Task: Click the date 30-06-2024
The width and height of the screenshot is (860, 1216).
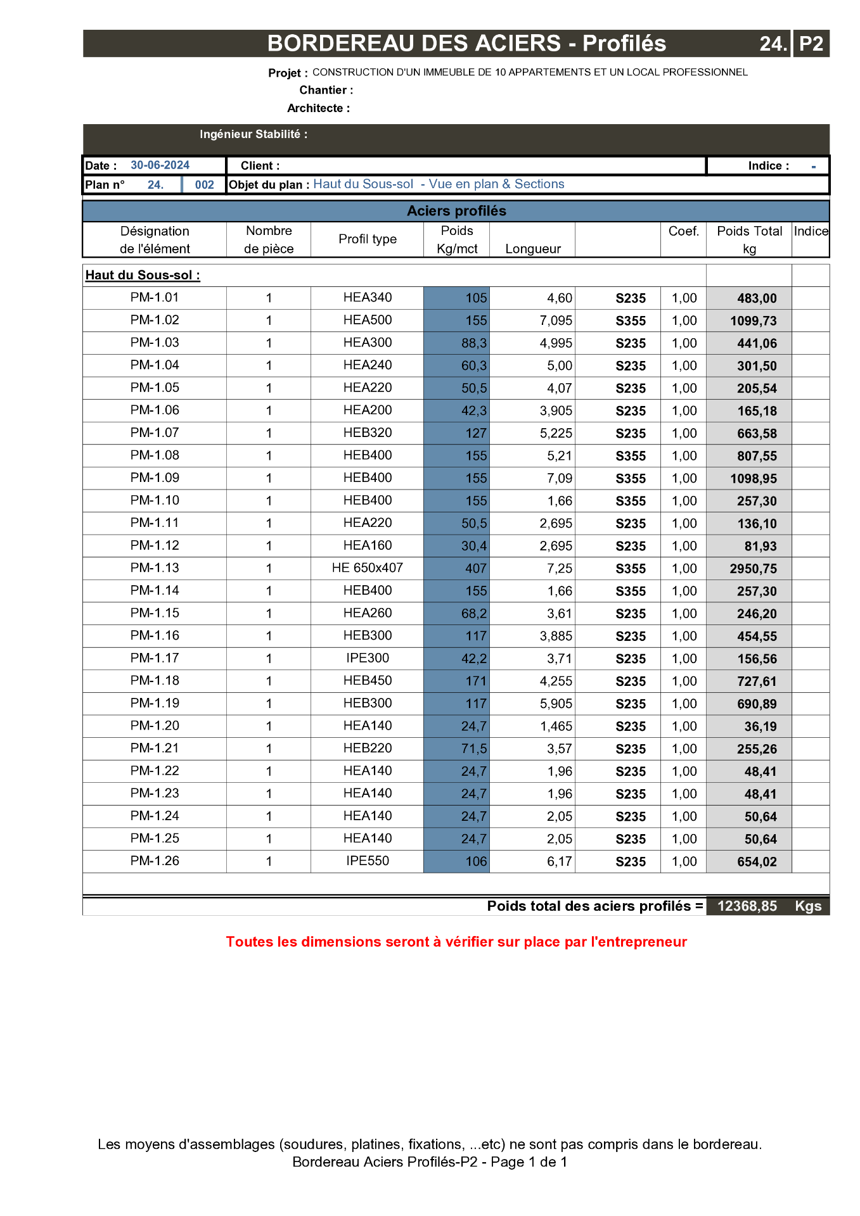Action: click(160, 165)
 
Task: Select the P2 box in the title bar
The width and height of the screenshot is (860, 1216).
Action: click(811, 44)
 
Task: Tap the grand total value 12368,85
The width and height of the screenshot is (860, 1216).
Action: click(747, 906)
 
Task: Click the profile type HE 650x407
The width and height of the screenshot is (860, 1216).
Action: click(367, 568)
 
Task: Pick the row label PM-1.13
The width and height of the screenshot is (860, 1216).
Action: click(155, 568)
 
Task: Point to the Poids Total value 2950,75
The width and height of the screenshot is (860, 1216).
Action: click(753, 569)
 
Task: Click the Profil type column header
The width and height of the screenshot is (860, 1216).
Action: click(367, 239)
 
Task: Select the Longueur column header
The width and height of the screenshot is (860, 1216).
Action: click(532, 249)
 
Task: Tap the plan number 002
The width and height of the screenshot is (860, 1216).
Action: click(204, 185)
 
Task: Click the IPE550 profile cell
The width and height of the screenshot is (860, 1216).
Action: click(367, 861)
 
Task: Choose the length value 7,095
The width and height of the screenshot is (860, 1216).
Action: click(556, 320)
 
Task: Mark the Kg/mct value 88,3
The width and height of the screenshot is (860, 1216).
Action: click(473, 343)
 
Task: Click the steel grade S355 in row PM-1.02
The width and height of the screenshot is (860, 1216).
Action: click(631, 321)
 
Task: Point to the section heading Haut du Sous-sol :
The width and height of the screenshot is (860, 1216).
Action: click(143, 275)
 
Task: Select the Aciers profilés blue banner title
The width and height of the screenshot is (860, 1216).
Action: click(456, 211)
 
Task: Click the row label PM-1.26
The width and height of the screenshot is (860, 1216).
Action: click(155, 861)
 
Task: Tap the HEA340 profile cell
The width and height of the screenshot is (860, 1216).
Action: click(367, 298)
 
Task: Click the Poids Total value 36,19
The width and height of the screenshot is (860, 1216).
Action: click(760, 726)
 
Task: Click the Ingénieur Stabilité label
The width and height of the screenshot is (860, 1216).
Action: click(253, 134)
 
